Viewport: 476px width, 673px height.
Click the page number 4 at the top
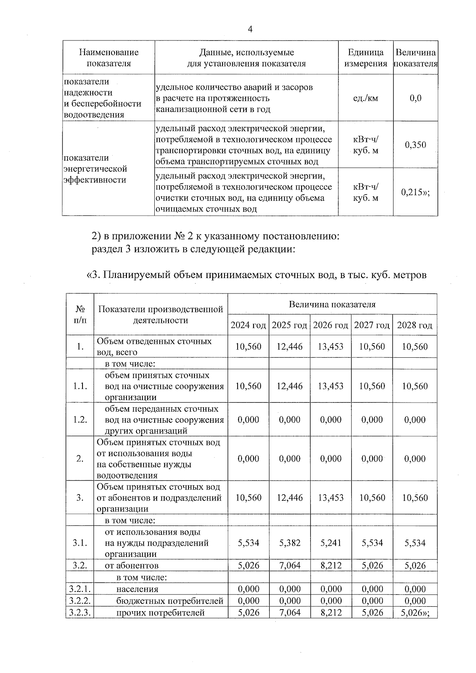click(250, 29)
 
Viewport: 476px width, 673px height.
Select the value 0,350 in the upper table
click(415, 145)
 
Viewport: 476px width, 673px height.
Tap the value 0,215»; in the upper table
click(415, 192)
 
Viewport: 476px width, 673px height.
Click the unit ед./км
click(365, 98)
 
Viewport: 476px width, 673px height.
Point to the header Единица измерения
click(365, 58)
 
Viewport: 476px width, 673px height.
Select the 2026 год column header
click(330, 325)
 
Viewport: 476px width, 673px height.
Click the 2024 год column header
click(248, 325)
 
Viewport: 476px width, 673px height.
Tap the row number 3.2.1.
click(80, 589)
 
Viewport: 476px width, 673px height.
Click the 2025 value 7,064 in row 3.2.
click(290, 566)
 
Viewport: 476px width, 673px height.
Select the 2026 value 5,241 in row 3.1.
click(330, 543)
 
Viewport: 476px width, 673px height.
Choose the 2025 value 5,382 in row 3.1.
click(290, 543)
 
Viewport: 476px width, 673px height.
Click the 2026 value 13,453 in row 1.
click(330, 347)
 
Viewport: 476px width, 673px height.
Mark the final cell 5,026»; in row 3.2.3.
click(415, 613)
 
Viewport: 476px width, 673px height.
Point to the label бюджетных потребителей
click(170, 601)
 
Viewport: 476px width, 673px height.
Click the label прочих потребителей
click(160, 613)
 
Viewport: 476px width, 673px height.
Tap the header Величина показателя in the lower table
click(332, 305)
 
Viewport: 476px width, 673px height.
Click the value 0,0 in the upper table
click(415, 98)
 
